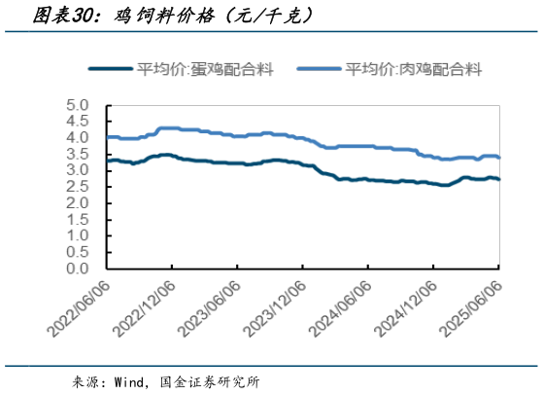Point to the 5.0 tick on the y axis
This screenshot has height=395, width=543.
click(x=78, y=104)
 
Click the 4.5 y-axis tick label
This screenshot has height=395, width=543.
click(x=78, y=121)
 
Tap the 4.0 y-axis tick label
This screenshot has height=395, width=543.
click(x=78, y=137)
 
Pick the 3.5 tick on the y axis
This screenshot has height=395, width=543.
click(x=78, y=154)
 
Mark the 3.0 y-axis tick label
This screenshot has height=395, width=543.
click(x=78, y=170)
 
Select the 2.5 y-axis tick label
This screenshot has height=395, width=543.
click(x=78, y=187)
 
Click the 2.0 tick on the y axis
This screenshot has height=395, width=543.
click(x=78, y=203)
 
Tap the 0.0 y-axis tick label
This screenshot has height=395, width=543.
click(x=78, y=269)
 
